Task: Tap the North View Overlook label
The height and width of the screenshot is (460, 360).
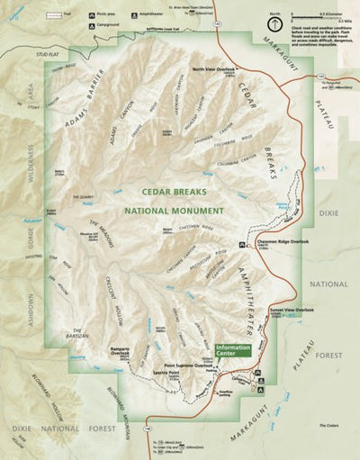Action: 213,68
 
